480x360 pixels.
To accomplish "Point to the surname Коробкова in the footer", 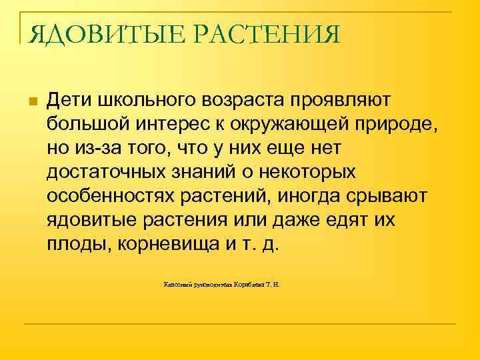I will [x=250, y=285].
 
